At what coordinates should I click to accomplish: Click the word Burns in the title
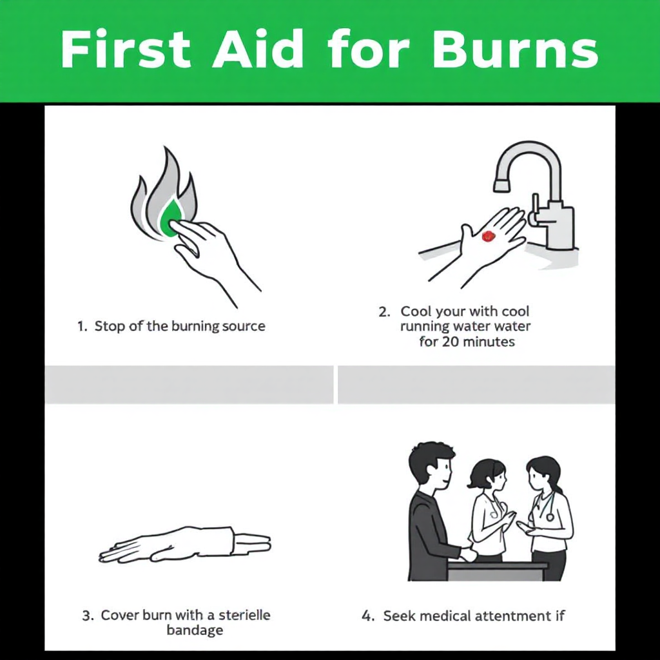(515, 49)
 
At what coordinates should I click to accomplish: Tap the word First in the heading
(125, 49)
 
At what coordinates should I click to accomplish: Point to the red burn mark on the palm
(488, 236)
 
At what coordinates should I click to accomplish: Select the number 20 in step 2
(450, 341)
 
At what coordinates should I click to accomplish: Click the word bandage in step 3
(195, 630)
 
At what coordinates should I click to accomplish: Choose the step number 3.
(88, 616)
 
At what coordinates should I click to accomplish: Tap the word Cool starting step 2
(416, 311)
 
